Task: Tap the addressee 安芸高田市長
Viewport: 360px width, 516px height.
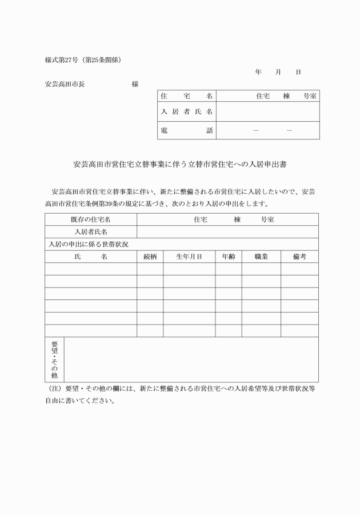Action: coord(65,84)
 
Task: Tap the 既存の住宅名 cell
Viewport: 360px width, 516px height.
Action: coord(91,219)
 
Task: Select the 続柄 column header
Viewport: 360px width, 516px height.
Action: coord(150,257)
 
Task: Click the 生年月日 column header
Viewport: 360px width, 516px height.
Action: coord(189,257)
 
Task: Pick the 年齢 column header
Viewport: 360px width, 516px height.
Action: coord(228,257)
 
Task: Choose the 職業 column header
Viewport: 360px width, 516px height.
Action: coord(261,257)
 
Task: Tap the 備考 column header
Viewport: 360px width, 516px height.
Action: coord(299,257)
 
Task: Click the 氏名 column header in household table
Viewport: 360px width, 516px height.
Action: coord(91,257)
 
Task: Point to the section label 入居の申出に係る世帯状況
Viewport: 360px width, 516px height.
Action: coord(89,244)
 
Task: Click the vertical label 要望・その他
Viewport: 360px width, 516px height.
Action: coord(55,359)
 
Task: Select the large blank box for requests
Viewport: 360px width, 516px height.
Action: coord(191,359)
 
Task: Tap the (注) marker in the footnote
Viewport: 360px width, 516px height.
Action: coord(55,388)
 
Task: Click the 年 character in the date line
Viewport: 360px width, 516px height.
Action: coord(258,72)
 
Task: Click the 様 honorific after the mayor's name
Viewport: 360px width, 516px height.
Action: coord(135,84)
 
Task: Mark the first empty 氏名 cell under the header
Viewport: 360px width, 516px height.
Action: coord(91,269)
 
